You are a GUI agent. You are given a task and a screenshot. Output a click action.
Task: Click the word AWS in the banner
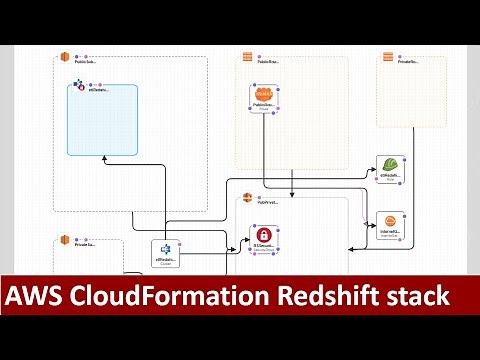click(39, 296)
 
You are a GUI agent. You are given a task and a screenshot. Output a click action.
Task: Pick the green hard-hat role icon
click(390, 165)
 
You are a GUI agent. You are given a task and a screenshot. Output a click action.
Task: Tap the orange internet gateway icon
click(390, 221)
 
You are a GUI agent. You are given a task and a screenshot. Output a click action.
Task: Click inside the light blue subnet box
click(102, 125)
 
